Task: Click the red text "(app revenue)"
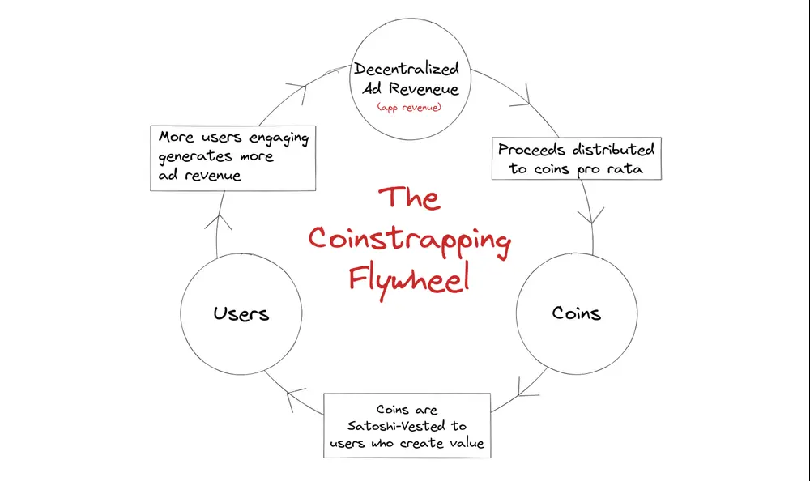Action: tap(409, 107)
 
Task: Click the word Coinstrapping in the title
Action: tap(409, 240)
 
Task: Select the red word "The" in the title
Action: tap(409, 198)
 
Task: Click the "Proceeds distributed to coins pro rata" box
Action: tap(576, 159)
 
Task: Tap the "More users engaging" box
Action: tap(233, 156)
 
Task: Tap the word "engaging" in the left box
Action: tap(279, 138)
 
